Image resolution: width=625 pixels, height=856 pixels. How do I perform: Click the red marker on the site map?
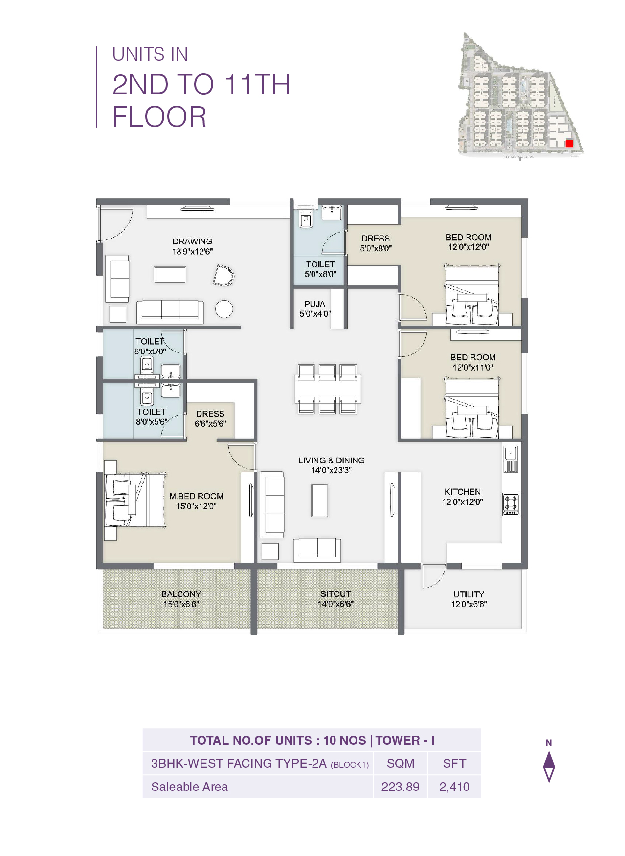[569, 143]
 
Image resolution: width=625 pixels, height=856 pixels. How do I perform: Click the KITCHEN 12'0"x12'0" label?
[462, 496]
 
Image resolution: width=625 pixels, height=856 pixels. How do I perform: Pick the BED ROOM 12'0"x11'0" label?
[472, 362]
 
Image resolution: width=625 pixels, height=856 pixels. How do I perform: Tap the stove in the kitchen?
[511, 504]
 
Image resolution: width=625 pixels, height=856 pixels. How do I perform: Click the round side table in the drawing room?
[224, 309]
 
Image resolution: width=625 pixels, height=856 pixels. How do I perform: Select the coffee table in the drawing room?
[170, 274]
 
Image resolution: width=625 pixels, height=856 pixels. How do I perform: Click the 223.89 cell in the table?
[400, 787]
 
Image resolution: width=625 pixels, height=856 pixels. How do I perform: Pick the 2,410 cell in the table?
[454, 787]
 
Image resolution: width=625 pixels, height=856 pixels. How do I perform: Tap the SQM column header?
[400, 763]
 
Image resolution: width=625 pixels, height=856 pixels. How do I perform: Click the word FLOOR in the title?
[159, 117]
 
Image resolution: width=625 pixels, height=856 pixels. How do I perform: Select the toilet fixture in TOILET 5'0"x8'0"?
[306, 220]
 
